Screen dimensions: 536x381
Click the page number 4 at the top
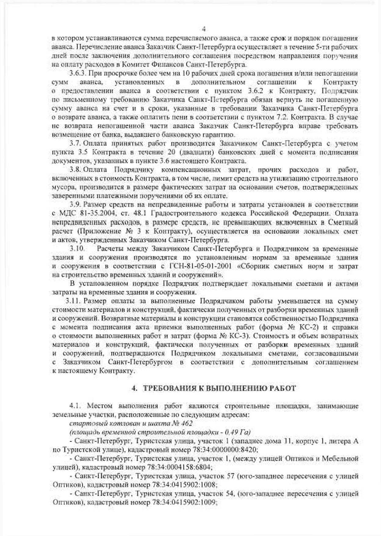pos(203,29)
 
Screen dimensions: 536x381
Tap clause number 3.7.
pos(75,143)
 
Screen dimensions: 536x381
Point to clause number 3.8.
pos(75,170)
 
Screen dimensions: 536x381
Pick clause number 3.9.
pos(75,205)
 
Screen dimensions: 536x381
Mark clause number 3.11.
pos(74,301)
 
